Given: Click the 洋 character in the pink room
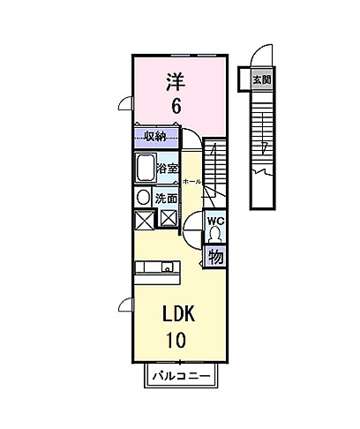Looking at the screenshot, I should point(176,82).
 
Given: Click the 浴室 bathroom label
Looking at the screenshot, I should point(168,167).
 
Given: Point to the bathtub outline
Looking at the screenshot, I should point(145,168).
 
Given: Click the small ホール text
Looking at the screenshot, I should point(192,181).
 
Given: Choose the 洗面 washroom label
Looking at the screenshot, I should point(166,198).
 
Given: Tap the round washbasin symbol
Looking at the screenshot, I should point(143,198).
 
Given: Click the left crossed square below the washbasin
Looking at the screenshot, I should point(144,220).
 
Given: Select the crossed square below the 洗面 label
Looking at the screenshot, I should point(167,218).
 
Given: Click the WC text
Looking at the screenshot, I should point(214,220).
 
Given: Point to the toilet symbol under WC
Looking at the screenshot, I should point(214,235).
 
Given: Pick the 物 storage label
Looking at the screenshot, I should point(214,257).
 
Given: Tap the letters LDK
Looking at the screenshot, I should point(176,315).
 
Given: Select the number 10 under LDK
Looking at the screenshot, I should point(176,340).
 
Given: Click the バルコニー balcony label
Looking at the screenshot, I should point(178,376).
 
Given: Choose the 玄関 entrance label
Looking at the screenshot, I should point(261,79).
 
